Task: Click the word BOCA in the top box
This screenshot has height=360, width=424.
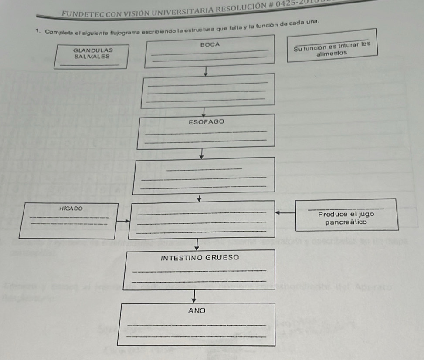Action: click(210, 44)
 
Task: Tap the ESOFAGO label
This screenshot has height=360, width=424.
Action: click(207, 122)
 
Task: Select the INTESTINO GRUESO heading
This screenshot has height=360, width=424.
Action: click(200, 257)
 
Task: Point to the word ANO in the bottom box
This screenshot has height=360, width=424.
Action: click(196, 311)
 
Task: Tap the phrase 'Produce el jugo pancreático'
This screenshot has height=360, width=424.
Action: click(346, 218)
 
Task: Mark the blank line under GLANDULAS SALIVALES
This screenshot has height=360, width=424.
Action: click(89, 65)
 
